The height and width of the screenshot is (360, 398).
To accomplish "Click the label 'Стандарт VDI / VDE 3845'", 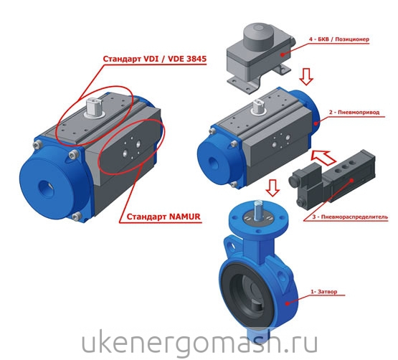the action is [155, 59].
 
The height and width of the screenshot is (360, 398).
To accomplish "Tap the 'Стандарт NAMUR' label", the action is [164, 217].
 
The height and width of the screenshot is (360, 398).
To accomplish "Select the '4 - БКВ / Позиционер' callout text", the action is [339, 39].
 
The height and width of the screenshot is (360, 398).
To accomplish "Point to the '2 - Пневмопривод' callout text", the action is [354, 112].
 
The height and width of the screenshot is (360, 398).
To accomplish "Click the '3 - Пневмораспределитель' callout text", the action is [350, 217].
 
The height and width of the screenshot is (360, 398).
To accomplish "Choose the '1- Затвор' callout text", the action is [324, 292].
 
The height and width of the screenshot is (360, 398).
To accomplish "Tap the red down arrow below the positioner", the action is [306, 77].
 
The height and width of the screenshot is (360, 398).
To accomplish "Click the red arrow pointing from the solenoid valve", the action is [323, 156].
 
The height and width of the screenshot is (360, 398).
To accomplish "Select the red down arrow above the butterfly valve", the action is [273, 188].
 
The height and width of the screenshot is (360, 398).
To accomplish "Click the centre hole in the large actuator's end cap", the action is [47, 189].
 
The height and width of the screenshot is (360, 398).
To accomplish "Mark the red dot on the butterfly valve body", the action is [287, 303].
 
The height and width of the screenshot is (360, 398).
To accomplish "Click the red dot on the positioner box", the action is [282, 54].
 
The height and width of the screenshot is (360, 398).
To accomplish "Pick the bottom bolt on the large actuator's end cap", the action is [77, 217].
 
